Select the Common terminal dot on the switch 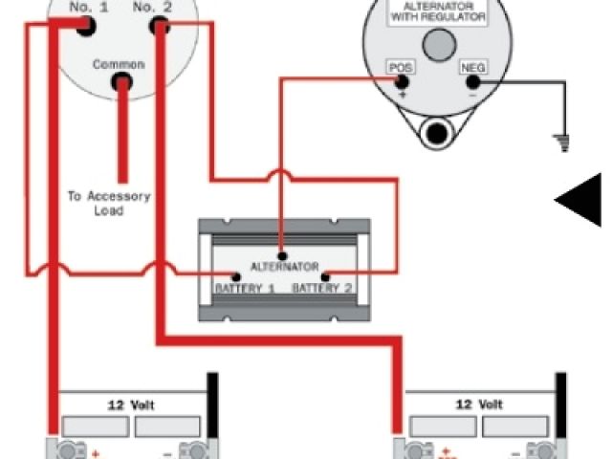[x=121, y=83]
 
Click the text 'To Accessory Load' [x=108, y=203]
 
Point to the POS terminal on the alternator [x=400, y=82]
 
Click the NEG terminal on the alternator [x=472, y=82]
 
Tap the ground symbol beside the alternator [x=562, y=143]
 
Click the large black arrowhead [x=579, y=199]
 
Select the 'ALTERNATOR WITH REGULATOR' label [x=439, y=11]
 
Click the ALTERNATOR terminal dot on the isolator [x=282, y=254]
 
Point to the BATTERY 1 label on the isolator [x=244, y=288]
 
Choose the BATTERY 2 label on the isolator [x=322, y=288]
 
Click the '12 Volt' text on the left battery [x=132, y=404]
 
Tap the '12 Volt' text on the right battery [x=477, y=404]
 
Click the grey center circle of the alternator [x=439, y=44]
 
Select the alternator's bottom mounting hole [x=439, y=132]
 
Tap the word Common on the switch [x=119, y=64]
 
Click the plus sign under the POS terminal [x=402, y=97]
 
